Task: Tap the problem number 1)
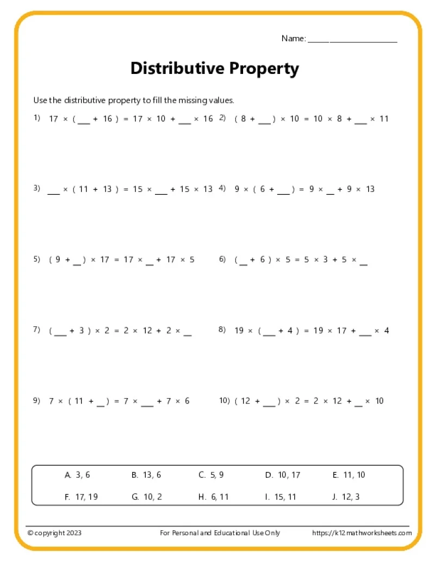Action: coord(37,117)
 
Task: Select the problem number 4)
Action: coord(222,188)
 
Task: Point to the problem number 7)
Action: coord(37,330)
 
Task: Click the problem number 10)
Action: coord(225,400)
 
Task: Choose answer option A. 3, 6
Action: coord(77,475)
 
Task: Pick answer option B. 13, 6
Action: coord(146,475)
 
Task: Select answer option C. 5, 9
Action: coord(211,475)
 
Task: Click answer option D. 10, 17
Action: coord(282,475)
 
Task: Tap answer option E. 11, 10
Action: coord(349,475)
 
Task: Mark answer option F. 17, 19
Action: coord(81,497)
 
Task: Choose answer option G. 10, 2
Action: coord(147,497)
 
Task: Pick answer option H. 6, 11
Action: coord(213,497)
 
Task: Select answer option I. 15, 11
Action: coord(281,497)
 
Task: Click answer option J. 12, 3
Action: coord(346,497)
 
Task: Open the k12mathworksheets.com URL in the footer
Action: coord(362,533)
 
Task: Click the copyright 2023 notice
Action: coord(54,533)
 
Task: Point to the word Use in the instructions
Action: coord(40,100)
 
